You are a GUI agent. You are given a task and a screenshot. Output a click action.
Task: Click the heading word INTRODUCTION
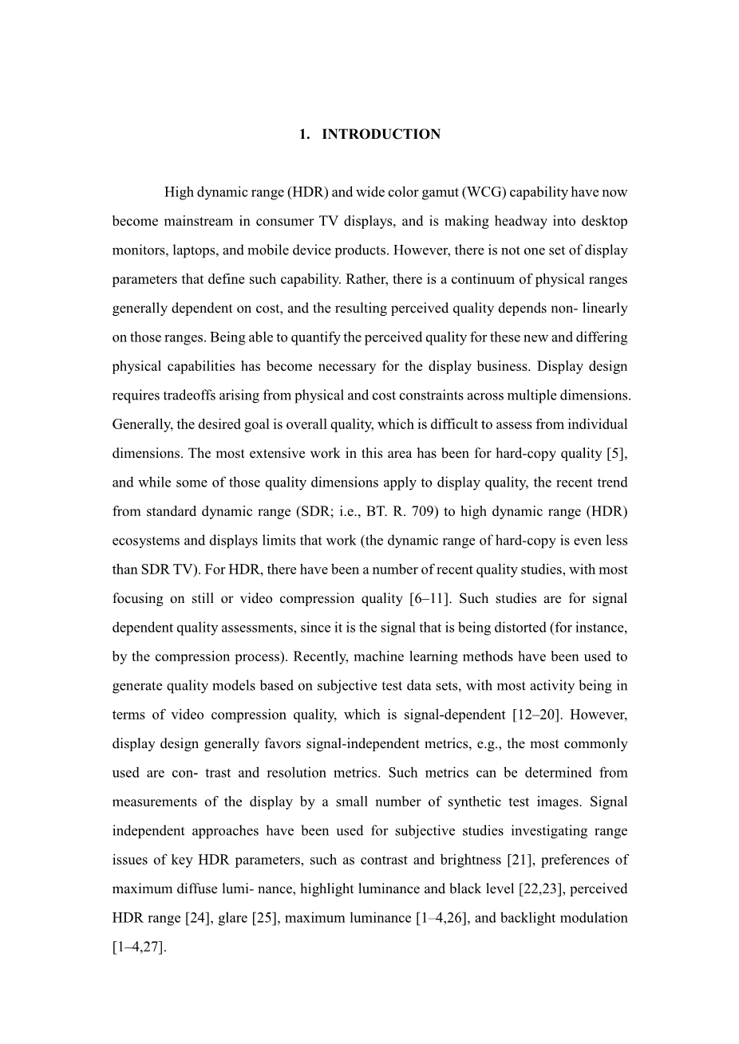(381, 134)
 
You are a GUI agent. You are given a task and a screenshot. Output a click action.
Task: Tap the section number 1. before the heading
(304, 134)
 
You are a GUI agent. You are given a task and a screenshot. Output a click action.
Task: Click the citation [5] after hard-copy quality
(616, 453)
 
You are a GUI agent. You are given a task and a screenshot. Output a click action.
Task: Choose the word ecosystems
(146, 540)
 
